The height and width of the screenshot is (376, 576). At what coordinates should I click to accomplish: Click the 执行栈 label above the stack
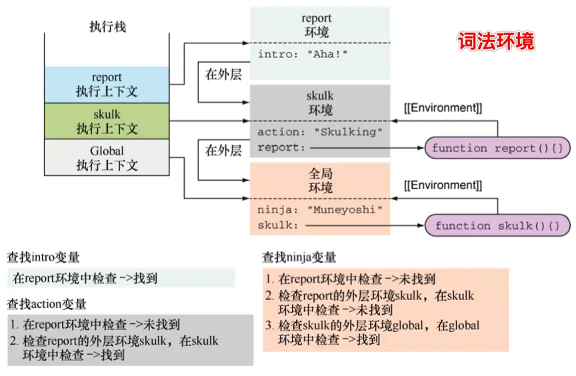(107, 27)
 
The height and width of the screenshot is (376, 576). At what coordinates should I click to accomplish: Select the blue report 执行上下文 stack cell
(107, 85)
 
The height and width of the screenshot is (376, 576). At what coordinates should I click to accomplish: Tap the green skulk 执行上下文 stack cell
(107, 121)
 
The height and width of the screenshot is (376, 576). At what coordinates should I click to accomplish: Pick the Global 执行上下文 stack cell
(107, 158)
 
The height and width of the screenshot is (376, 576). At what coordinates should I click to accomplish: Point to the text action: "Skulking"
(320, 132)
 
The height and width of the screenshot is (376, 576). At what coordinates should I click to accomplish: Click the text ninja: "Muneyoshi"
(320, 210)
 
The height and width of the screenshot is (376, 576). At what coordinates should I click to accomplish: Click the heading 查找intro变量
(43, 257)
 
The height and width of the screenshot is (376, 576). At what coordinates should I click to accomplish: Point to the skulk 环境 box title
(320, 103)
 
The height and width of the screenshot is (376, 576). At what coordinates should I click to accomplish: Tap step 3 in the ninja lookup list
(373, 333)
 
